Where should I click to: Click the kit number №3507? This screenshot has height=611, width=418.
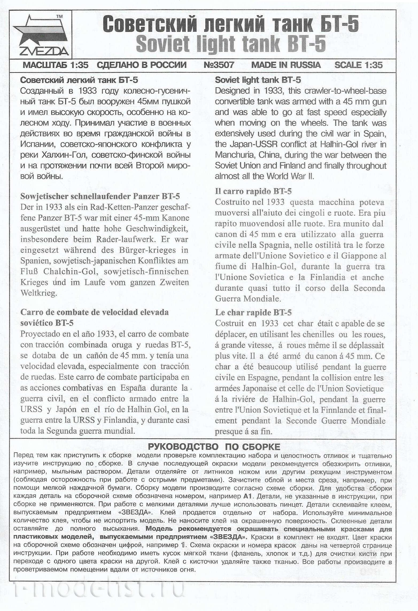(x=219, y=65)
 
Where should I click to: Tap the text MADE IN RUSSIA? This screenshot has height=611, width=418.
(x=286, y=65)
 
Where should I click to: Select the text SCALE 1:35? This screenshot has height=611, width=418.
(x=358, y=65)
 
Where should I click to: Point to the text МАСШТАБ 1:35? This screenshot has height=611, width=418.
(x=56, y=65)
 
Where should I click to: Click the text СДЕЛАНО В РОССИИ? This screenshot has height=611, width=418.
(x=142, y=65)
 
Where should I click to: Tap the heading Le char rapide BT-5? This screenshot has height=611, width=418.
(x=253, y=312)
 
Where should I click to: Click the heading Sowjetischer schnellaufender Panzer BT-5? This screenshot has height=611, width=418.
(x=100, y=196)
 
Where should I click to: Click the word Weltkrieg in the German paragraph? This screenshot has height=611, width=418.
(x=39, y=293)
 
